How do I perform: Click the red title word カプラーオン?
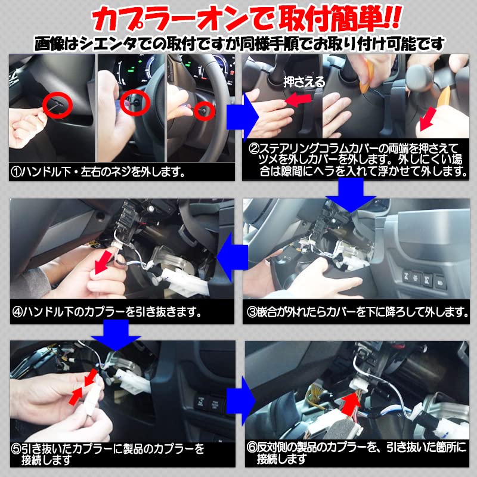coord(160,20)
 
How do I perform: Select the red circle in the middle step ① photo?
coord(132,103)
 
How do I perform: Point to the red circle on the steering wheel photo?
coord(206,109)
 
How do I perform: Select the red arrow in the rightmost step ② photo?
coord(428,119)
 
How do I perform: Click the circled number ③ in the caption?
coord(252,311)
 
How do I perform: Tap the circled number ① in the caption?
coord(17,172)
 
